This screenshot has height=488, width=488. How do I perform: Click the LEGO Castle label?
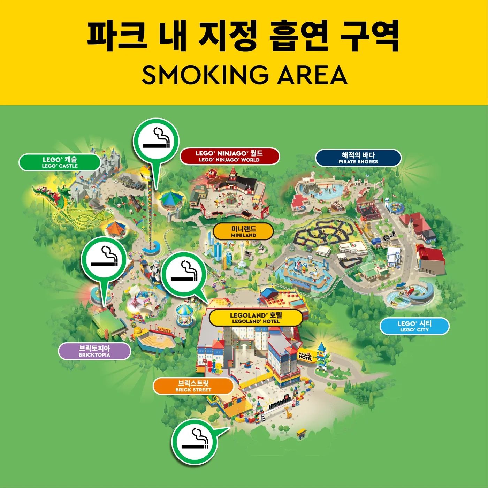tap(60, 162)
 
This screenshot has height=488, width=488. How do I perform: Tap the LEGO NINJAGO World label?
tap(229, 156)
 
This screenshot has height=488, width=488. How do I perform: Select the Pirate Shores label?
tap(358, 158)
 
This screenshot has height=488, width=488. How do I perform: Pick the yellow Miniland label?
tap(243, 231)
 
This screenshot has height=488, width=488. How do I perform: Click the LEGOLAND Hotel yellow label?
tap(256, 318)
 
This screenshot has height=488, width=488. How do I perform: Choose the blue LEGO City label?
tap(414, 326)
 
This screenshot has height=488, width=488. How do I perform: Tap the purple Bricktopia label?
tap(94, 351)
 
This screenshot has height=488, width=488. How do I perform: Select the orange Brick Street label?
tap(193, 386)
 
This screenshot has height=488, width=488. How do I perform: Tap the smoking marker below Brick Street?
tap(195, 442)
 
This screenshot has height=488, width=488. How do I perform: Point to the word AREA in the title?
tap(312, 75)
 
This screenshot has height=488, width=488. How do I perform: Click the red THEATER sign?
tap(164, 330)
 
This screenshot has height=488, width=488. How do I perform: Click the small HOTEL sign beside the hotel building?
tap(305, 357)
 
